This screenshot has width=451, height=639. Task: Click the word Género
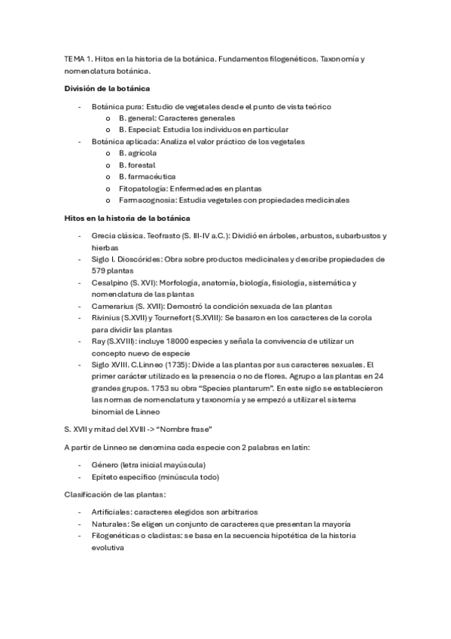point(105,464)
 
